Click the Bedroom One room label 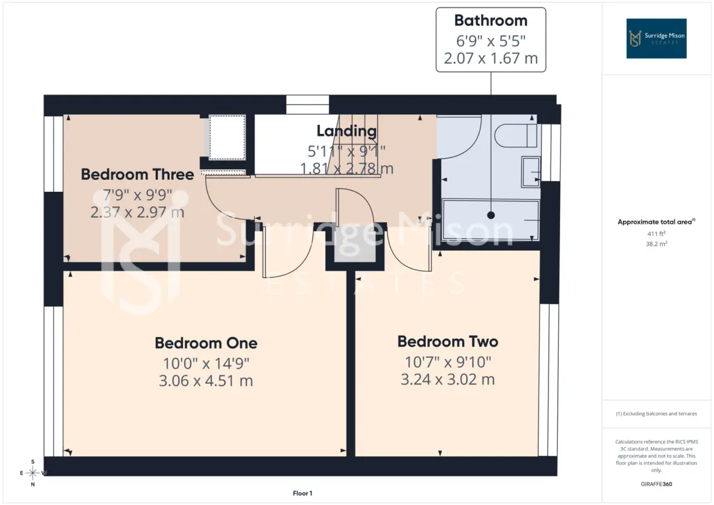click(206, 343)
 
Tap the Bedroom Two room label click(448, 342)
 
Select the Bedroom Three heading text click(138, 174)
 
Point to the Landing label click(347, 131)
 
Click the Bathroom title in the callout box click(491, 20)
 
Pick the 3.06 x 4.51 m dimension click(206, 381)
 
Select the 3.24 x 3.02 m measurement click(448, 379)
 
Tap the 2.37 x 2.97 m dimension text click(138, 212)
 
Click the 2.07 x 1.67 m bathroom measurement click(491, 58)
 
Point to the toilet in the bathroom click(516, 135)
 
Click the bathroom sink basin click(530, 172)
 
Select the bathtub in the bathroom click(491, 220)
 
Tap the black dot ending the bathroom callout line click(491, 215)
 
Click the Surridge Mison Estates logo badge click(656, 39)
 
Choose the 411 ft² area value click(656, 234)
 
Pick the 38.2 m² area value click(656, 244)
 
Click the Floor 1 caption click(302, 493)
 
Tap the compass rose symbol click(33, 473)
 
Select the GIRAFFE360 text click(656, 484)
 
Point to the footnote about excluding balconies click(656, 414)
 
